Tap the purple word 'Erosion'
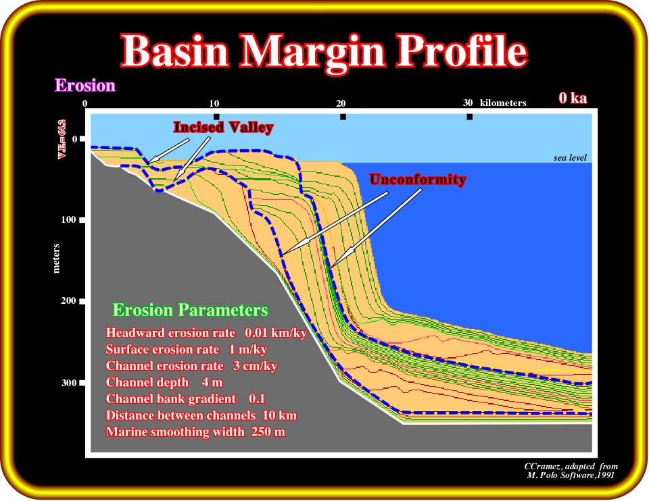coord(85,85)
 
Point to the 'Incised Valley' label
coord(223,127)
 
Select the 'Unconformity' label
coord(418,180)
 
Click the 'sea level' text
coord(570,157)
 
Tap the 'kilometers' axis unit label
coord(503,103)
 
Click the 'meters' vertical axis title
coord(56,259)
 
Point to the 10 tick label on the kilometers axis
coord(214,103)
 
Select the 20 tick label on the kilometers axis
coord(341,103)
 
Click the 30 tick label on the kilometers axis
coord(468,103)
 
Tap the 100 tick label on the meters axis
coord(68,219)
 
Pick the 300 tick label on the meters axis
coord(69,383)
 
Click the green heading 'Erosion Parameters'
coord(191,310)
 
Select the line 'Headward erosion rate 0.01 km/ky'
coord(206,333)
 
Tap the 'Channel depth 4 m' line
coord(164,382)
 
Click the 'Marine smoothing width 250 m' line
coord(195,432)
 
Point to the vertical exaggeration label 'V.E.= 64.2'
coord(62,139)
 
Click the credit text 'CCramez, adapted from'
coord(571,467)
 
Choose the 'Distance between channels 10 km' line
coord(201,415)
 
